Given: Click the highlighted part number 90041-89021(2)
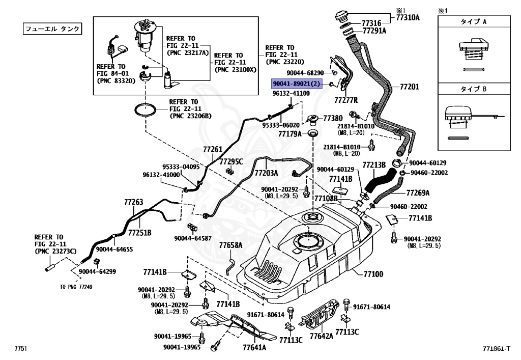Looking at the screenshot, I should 297,84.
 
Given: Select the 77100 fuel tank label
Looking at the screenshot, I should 373,274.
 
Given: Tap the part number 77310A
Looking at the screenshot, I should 408,17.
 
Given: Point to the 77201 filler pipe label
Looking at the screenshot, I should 409,87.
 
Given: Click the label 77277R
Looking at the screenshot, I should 346,99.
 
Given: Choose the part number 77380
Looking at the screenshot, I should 334,118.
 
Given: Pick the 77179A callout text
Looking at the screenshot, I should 290,134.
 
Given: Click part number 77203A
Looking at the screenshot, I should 266,173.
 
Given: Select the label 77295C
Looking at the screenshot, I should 231,161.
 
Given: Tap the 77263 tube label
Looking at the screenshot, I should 134,202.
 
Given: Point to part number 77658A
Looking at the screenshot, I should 231,245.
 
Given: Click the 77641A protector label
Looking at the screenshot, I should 254,348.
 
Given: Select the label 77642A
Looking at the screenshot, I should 322,336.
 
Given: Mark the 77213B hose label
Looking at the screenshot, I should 374,165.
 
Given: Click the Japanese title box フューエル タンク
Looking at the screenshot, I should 52,29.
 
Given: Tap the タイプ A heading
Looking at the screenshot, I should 474,22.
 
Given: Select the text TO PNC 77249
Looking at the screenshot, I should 76,287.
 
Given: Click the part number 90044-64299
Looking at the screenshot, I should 97,272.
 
